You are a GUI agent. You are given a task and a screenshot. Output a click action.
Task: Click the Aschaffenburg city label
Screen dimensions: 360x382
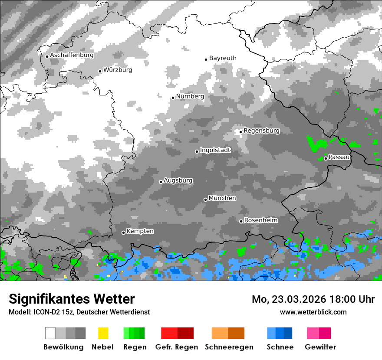(72, 56)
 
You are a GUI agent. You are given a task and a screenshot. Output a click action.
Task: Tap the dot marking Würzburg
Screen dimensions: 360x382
(100, 71)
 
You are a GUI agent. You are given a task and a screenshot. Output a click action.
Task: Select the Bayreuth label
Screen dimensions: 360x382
(223, 58)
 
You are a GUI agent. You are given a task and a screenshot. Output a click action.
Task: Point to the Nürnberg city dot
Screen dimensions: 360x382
(173, 98)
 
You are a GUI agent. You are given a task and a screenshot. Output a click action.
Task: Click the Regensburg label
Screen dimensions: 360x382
(261, 131)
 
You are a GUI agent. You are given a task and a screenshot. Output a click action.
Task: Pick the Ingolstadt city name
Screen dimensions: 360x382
(215, 151)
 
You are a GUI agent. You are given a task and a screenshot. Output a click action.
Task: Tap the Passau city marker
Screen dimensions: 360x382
(326, 158)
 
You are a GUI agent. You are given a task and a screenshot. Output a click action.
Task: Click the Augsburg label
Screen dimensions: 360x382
(178, 180)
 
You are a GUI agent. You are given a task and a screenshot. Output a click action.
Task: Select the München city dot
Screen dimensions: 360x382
(205, 200)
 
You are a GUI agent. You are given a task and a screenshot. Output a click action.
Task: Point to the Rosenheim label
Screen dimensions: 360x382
(260, 220)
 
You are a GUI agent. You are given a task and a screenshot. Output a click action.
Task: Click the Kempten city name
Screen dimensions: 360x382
(140, 231)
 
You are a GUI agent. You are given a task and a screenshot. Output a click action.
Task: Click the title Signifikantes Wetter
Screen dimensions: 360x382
(72, 299)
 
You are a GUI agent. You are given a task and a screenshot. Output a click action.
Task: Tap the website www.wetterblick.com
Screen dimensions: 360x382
(313, 312)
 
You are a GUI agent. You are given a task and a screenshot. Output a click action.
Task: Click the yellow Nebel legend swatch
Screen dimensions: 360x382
(103, 333)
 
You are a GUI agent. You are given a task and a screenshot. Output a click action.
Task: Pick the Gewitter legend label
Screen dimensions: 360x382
(320, 347)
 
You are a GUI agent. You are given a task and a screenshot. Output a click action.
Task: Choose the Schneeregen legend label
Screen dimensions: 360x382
(229, 347)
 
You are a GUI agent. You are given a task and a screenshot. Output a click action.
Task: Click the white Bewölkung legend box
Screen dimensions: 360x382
(50, 333)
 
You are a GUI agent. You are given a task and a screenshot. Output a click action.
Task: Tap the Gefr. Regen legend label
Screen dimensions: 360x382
(177, 347)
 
